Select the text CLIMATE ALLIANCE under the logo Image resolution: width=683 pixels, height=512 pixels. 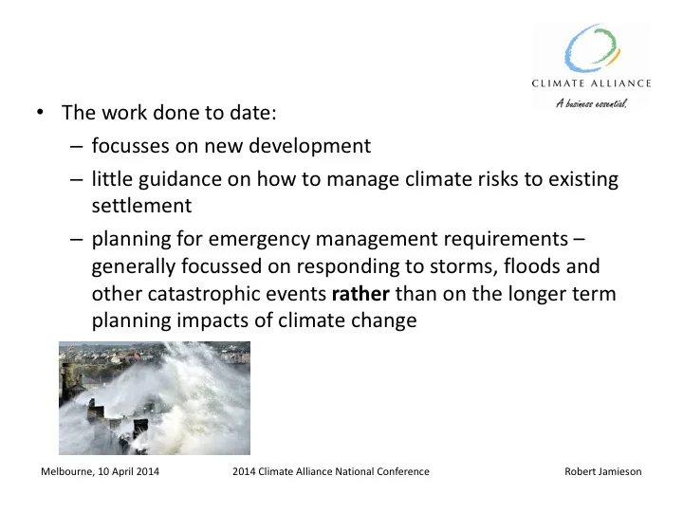pyautogui.click(x=598, y=83)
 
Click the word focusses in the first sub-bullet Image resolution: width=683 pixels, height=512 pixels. pyautogui.click(x=130, y=147)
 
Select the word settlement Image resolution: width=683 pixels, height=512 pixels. pyautogui.click(x=136, y=205)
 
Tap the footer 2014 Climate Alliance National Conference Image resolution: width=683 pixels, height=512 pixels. pyautogui.click(x=330, y=471)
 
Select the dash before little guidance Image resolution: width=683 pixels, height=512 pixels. pyautogui.click(x=76, y=178)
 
